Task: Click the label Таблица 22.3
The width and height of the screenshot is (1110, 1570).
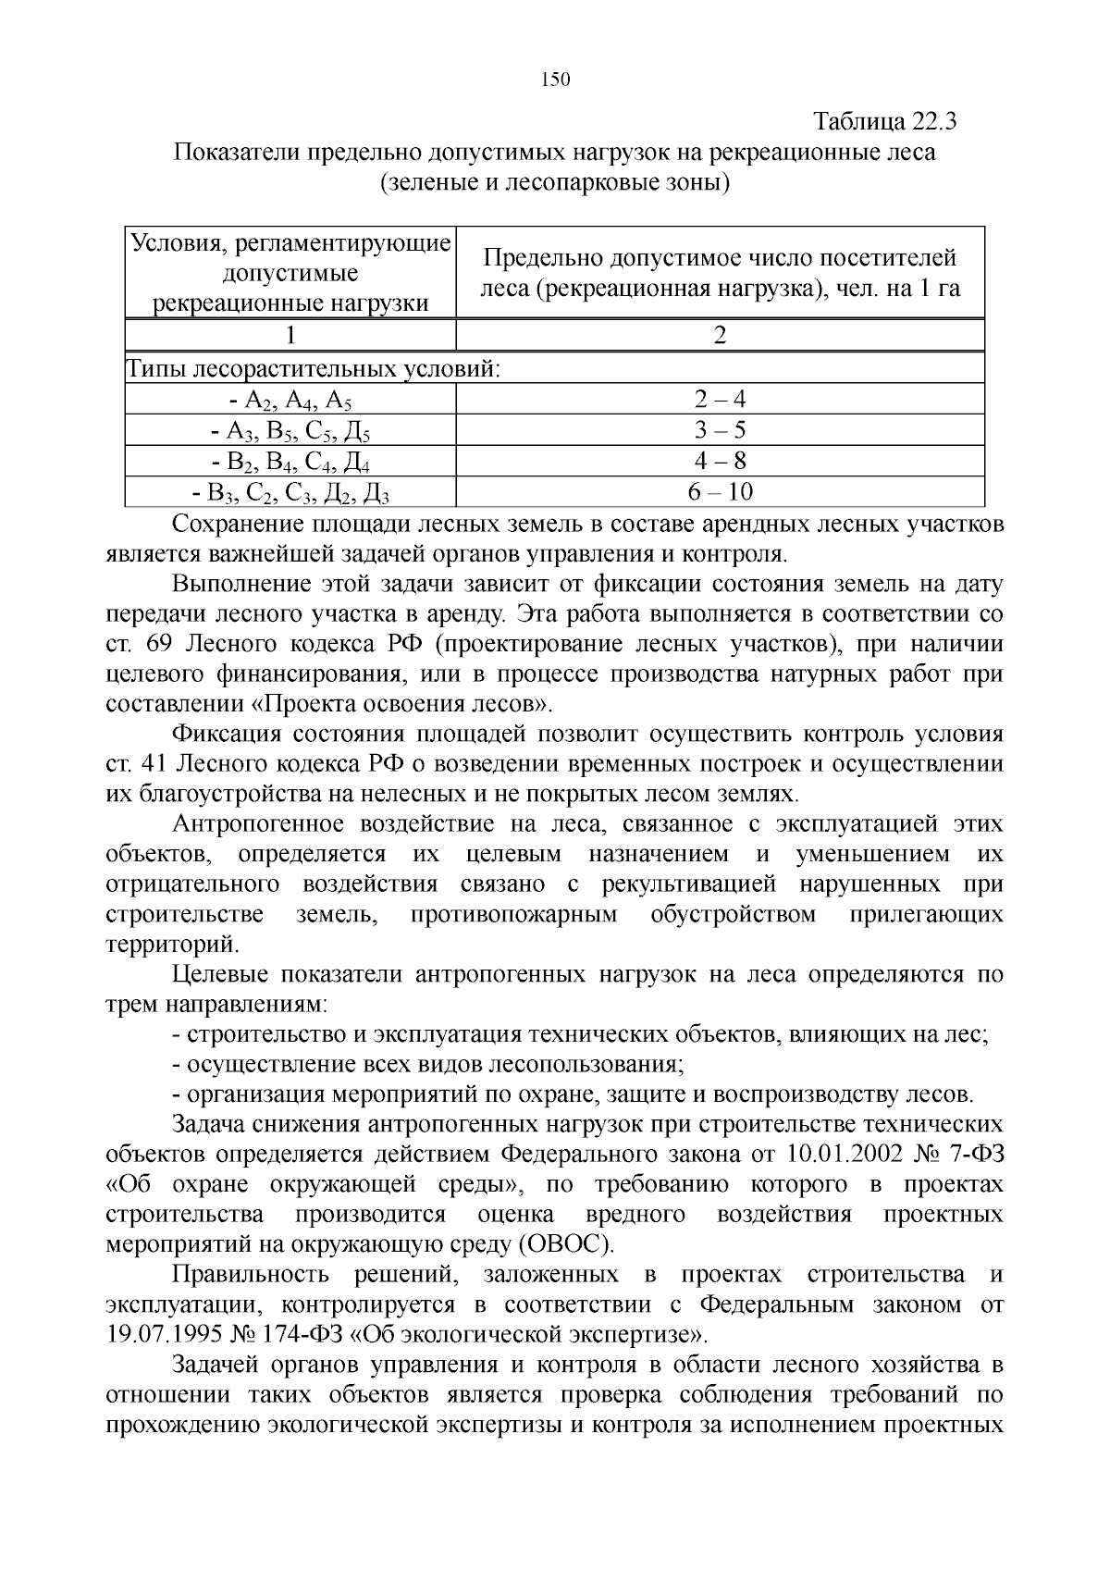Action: pyautogui.click(x=885, y=122)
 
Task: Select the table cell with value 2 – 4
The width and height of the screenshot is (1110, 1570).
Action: pyautogui.click(x=720, y=400)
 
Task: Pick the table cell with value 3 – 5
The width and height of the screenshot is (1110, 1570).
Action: pyautogui.click(x=720, y=430)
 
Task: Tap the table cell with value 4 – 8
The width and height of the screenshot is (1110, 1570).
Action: pyautogui.click(x=720, y=461)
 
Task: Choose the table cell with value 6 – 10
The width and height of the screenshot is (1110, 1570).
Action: pyautogui.click(x=720, y=491)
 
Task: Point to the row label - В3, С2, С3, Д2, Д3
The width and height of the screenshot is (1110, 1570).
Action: pyautogui.click(x=290, y=493)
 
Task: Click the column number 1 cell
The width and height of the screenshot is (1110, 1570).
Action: pyautogui.click(x=290, y=335)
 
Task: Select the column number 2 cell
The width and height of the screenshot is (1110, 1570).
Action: pyautogui.click(x=720, y=335)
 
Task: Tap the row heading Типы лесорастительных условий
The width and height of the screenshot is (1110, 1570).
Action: pyautogui.click(x=314, y=370)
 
